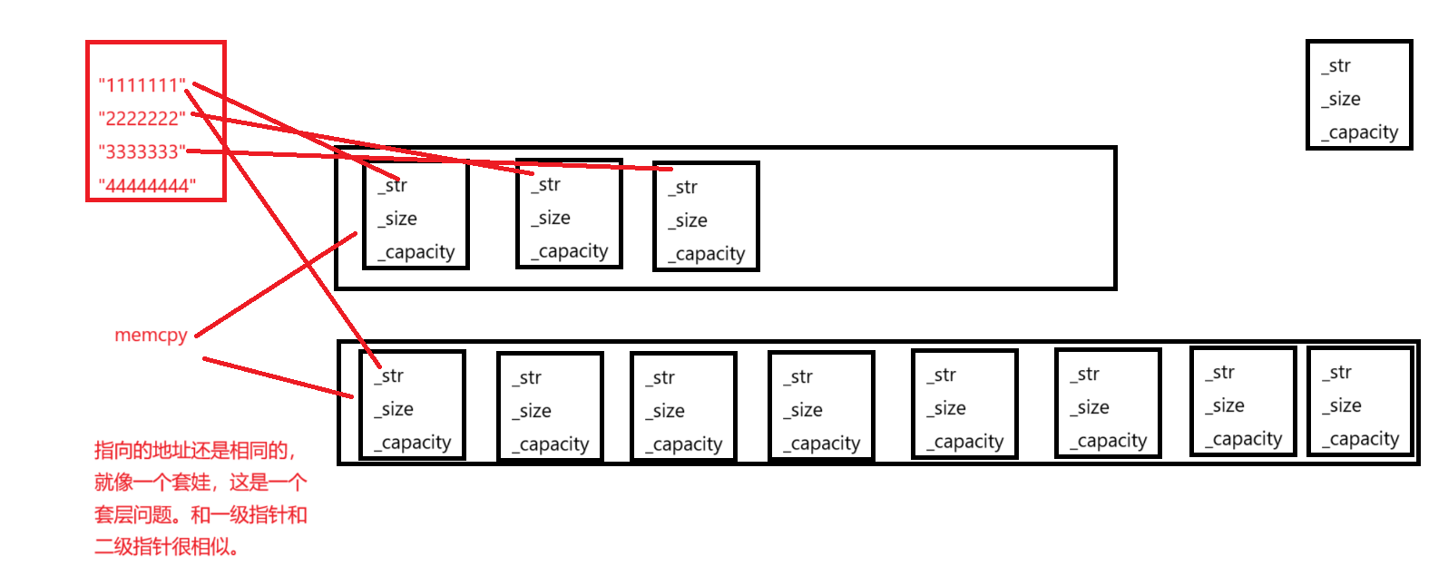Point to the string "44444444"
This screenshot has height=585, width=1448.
tap(147, 186)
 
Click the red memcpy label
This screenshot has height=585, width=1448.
tap(151, 335)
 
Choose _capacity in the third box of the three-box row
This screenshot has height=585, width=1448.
tap(706, 254)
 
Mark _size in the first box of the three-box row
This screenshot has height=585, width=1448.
tap(397, 219)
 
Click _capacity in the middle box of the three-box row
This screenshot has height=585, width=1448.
tap(569, 251)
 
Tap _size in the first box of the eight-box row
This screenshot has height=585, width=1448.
tap(394, 409)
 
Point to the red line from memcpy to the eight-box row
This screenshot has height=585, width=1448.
tap(277, 377)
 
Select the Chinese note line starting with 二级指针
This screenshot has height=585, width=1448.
tap(167, 547)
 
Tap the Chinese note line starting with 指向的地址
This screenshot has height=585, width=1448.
tap(196, 451)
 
